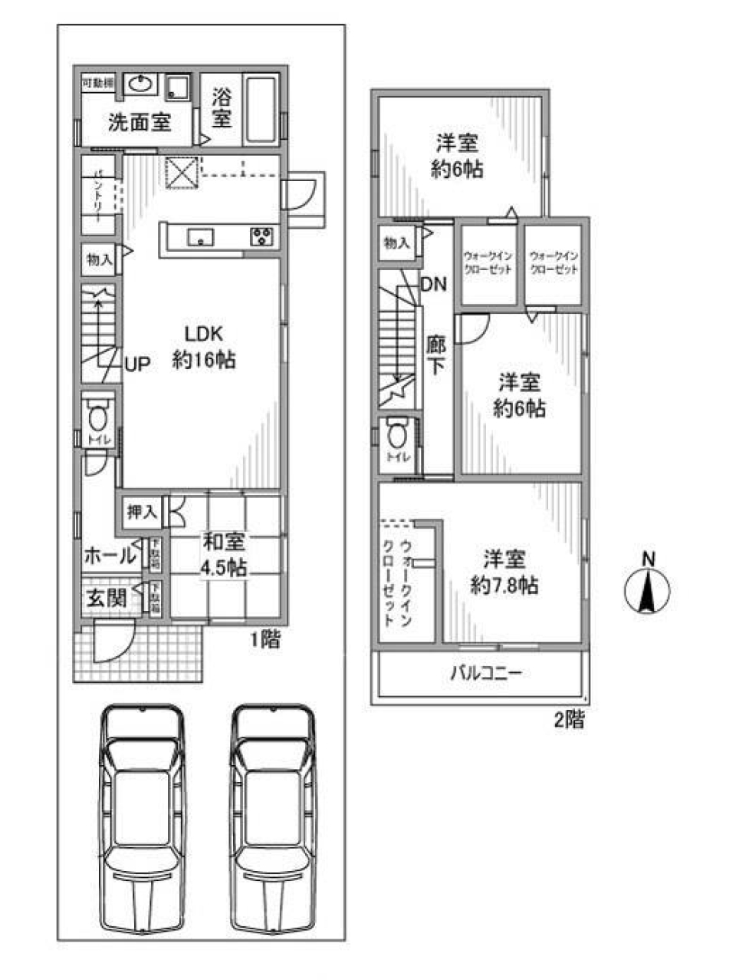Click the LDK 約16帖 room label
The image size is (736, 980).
point(203,347)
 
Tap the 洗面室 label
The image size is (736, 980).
point(139,123)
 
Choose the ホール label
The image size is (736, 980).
point(109,555)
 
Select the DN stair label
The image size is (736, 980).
point(433,285)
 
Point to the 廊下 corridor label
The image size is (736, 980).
point(435,355)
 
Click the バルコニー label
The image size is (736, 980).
point(486,675)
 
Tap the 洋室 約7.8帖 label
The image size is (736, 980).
point(504,572)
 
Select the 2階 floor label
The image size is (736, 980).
point(569,720)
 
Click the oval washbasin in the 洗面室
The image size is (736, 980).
point(139,84)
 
